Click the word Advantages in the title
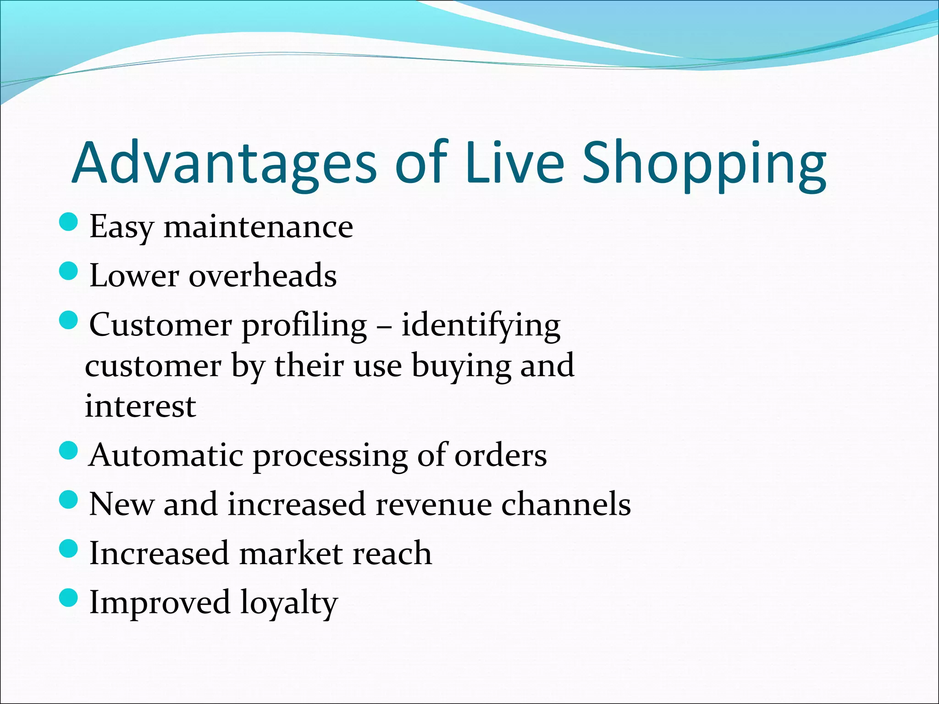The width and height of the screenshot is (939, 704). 225,164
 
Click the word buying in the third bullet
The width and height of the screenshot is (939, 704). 461,367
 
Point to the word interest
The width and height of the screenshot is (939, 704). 140,406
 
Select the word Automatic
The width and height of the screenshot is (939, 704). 166,456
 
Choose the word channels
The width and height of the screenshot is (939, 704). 566,504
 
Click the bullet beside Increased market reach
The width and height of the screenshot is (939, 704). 69,548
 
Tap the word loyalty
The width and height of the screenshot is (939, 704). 289,603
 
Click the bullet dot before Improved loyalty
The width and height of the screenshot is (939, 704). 69,597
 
